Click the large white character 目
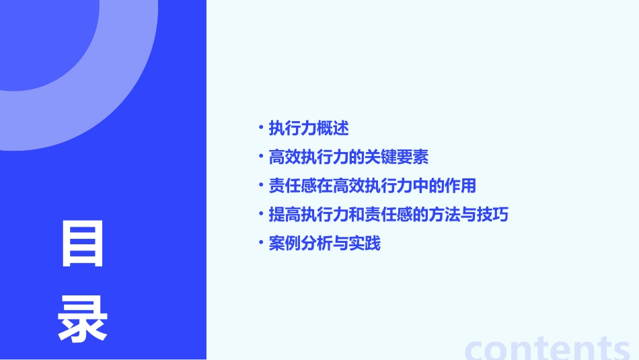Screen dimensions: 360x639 (x=82, y=244)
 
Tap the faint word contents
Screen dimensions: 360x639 (x=548, y=347)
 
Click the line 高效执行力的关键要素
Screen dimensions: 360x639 (x=348, y=157)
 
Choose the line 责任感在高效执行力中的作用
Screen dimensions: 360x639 (x=372, y=186)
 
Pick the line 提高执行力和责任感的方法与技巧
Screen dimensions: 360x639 (x=388, y=215)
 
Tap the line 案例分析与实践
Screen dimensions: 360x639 (x=324, y=244)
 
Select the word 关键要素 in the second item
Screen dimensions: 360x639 (x=396, y=157)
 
